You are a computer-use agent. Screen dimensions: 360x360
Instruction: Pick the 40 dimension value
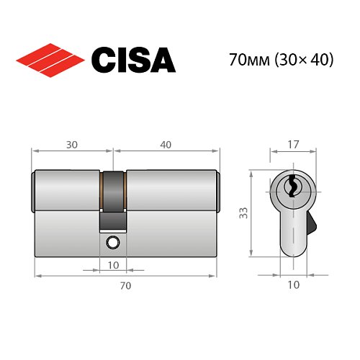[x=166, y=145]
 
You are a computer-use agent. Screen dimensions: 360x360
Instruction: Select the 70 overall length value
[x=125, y=286]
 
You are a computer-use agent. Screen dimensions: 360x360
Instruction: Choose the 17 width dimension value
[x=292, y=145]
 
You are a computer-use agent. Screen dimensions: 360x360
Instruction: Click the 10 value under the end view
[x=293, y=285]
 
